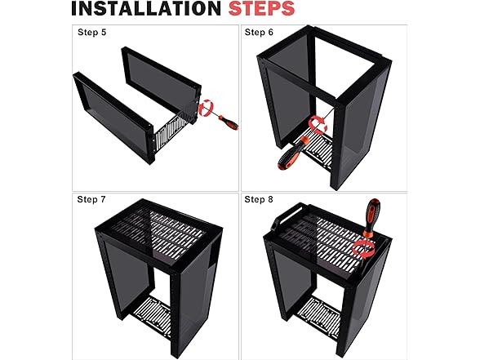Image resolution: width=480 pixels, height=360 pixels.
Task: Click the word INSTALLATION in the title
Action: (x=146, y=8)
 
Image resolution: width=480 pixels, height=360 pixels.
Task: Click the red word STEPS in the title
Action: (x=262, y=8)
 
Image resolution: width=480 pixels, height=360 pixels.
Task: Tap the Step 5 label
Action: (x=91, y=32)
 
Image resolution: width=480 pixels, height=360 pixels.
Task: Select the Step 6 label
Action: (x=259, y=32)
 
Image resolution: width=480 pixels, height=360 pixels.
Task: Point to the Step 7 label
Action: (x=91, y=199)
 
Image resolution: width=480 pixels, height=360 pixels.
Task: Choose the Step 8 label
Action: (x=258, y=199)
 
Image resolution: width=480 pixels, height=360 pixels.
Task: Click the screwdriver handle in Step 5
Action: (x=229, y=122)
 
